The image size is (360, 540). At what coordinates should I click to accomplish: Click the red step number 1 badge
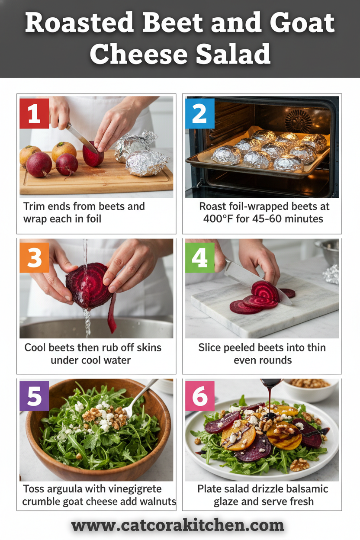pos(34,114)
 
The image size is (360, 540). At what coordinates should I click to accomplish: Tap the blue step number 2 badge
pos(199,114)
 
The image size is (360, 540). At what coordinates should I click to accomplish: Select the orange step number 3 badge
pos(34,257)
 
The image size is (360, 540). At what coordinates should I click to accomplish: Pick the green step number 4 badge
pos(199,257)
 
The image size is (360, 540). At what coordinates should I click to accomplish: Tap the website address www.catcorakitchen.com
pos(178,525)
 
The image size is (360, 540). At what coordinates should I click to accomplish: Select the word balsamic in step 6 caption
pos(306,489)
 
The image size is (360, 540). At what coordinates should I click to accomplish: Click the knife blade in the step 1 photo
pos(80,137)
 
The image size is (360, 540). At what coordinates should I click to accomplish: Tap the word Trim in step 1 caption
pos(33,206)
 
